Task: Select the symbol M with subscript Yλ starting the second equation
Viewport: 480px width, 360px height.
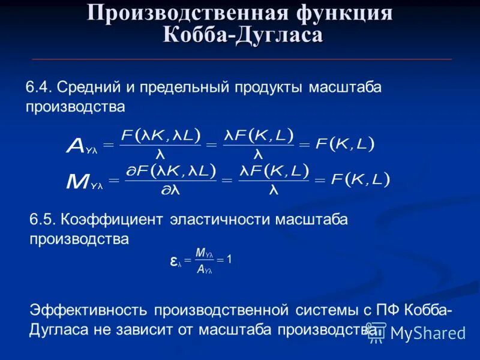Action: click(85, 181)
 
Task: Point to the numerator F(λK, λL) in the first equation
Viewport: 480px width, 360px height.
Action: click(160, 134)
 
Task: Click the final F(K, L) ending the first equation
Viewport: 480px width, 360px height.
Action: click(344, 144)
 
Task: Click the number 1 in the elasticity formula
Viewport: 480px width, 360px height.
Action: click(229, 259)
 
